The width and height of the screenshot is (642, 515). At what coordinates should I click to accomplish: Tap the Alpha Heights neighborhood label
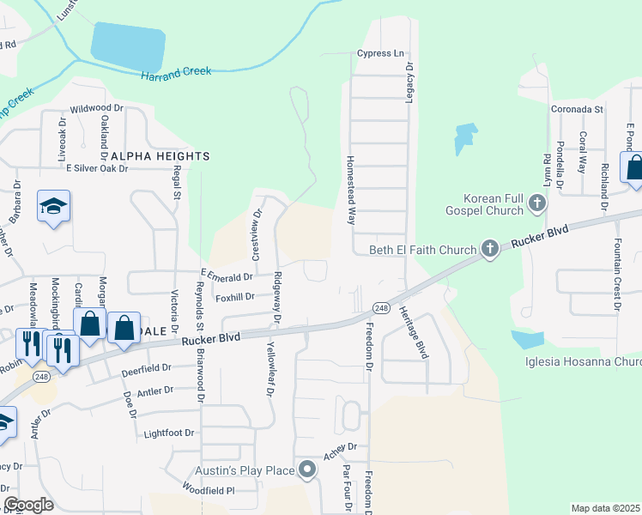tap(160, 155)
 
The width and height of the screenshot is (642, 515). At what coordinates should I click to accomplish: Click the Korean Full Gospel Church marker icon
tap(537, 204)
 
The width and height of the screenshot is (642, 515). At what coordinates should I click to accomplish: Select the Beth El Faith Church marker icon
tap(490, 250)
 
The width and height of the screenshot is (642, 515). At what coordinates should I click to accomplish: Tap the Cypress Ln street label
tap(380, 53)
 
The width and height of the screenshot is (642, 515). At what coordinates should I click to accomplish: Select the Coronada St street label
tap(579, 110)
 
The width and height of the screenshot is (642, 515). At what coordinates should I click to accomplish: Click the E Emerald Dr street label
tap(226, 276)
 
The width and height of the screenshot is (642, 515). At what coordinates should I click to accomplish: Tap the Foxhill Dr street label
tap(235, 297)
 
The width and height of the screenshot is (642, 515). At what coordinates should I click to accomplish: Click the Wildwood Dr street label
tap(97, 109)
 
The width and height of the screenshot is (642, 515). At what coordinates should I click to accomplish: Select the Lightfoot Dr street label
tap(169, 433)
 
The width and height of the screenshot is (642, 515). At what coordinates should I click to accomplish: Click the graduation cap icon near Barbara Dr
tap(53, 207)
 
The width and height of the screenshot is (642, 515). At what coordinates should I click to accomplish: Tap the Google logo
tap(29, 504)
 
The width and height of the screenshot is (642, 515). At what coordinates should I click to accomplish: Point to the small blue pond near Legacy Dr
tap(464, 138)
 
